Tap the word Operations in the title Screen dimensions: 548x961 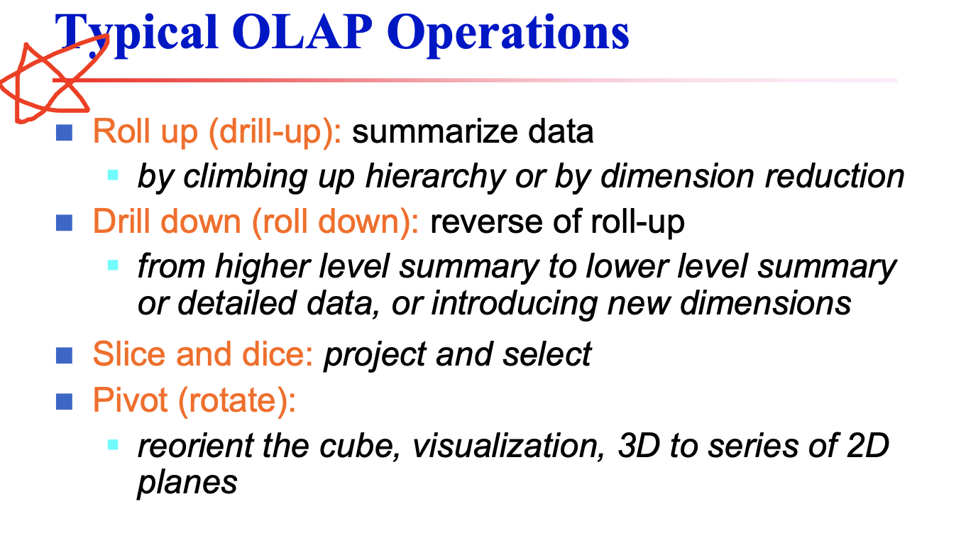[509, 32]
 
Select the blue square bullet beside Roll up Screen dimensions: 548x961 [65, 132]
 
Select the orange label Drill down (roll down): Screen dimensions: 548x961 [256, 222]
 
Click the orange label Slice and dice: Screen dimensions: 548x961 [203, 354]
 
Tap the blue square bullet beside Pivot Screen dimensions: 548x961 [65, 402]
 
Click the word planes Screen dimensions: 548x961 [187, 483]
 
